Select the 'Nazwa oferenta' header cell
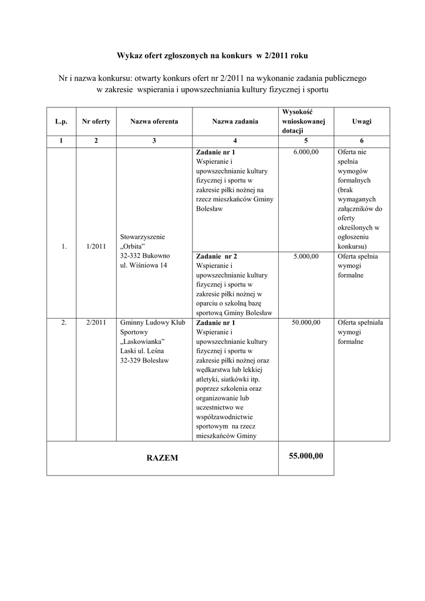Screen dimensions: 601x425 (x=154, y=121)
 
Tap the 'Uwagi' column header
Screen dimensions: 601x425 (x=362, y=121)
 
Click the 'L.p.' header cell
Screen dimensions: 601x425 (x=61, y=121)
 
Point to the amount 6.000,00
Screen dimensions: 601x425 (x=306, y=151)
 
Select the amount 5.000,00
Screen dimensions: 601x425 (x=306, y=256)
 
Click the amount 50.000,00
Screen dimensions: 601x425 (x=306, y=322)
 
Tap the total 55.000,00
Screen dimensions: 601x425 (x=306, y=456)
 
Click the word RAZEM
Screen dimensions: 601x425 (x=163, y=457)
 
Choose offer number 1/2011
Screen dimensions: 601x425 (x=95, y=247)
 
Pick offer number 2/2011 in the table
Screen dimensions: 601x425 (x=95, y=322)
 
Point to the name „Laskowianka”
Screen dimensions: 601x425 (x=141, y=342)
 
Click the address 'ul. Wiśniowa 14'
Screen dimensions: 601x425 (x=144, y=265)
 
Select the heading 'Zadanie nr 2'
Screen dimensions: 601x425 (x=217, y=256)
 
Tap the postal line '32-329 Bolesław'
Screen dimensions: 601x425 (x=144, y=360)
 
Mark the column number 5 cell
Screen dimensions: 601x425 (x=305, y=141)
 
